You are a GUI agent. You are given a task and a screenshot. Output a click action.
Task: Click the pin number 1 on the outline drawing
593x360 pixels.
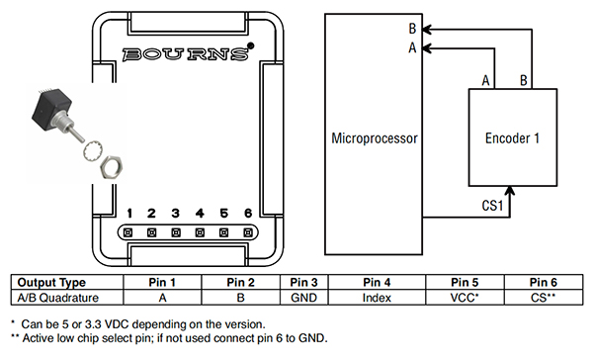click(129, 214)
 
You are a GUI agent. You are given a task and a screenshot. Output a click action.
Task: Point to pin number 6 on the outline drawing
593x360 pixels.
click(248, 214)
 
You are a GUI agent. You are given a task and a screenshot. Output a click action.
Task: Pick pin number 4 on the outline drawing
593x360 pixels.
click(201, 214)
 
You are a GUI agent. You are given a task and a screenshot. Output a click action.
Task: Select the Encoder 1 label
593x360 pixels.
click(511, 139)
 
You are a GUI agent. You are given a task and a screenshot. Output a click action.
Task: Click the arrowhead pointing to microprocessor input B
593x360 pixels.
click(425, 29)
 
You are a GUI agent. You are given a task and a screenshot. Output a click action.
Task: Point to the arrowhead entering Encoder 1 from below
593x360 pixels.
click(510, 191)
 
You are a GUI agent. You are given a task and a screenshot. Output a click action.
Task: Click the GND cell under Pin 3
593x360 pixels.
click(302, 297)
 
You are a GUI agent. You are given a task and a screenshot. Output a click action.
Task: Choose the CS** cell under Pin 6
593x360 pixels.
click(545, 297)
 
